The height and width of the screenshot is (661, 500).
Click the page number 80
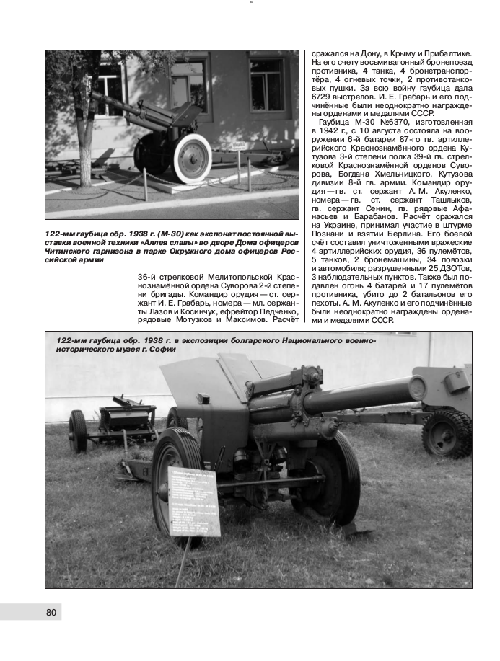(51, 612)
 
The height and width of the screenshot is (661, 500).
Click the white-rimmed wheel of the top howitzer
(193, 159)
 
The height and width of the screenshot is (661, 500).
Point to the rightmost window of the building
(266, 84)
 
